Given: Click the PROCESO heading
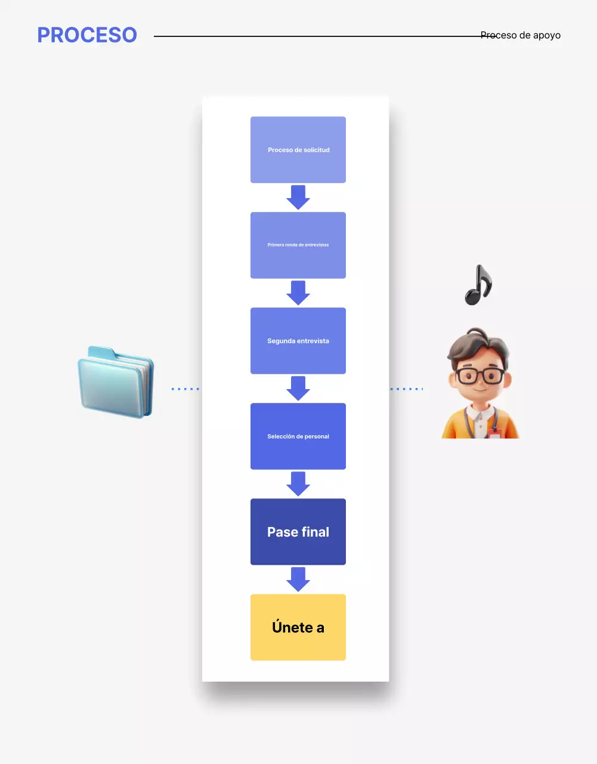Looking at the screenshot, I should pos(87,35).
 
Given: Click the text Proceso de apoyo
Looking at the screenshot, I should pos(521,35).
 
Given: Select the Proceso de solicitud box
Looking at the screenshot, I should pos(298,150).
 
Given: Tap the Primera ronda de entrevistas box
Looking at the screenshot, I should pos(298,245).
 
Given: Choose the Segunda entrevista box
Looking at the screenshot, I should pos(298,341).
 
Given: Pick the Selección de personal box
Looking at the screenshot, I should pos(298,436).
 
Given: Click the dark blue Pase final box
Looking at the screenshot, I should pos(298,532).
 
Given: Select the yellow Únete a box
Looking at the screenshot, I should pos(298,627).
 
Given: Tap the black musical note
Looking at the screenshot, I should pos(478,286).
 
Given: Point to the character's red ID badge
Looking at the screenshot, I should pos(494,433).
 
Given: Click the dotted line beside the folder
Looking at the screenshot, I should pos(185,389).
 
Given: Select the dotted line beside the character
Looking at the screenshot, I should pos(406,389).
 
